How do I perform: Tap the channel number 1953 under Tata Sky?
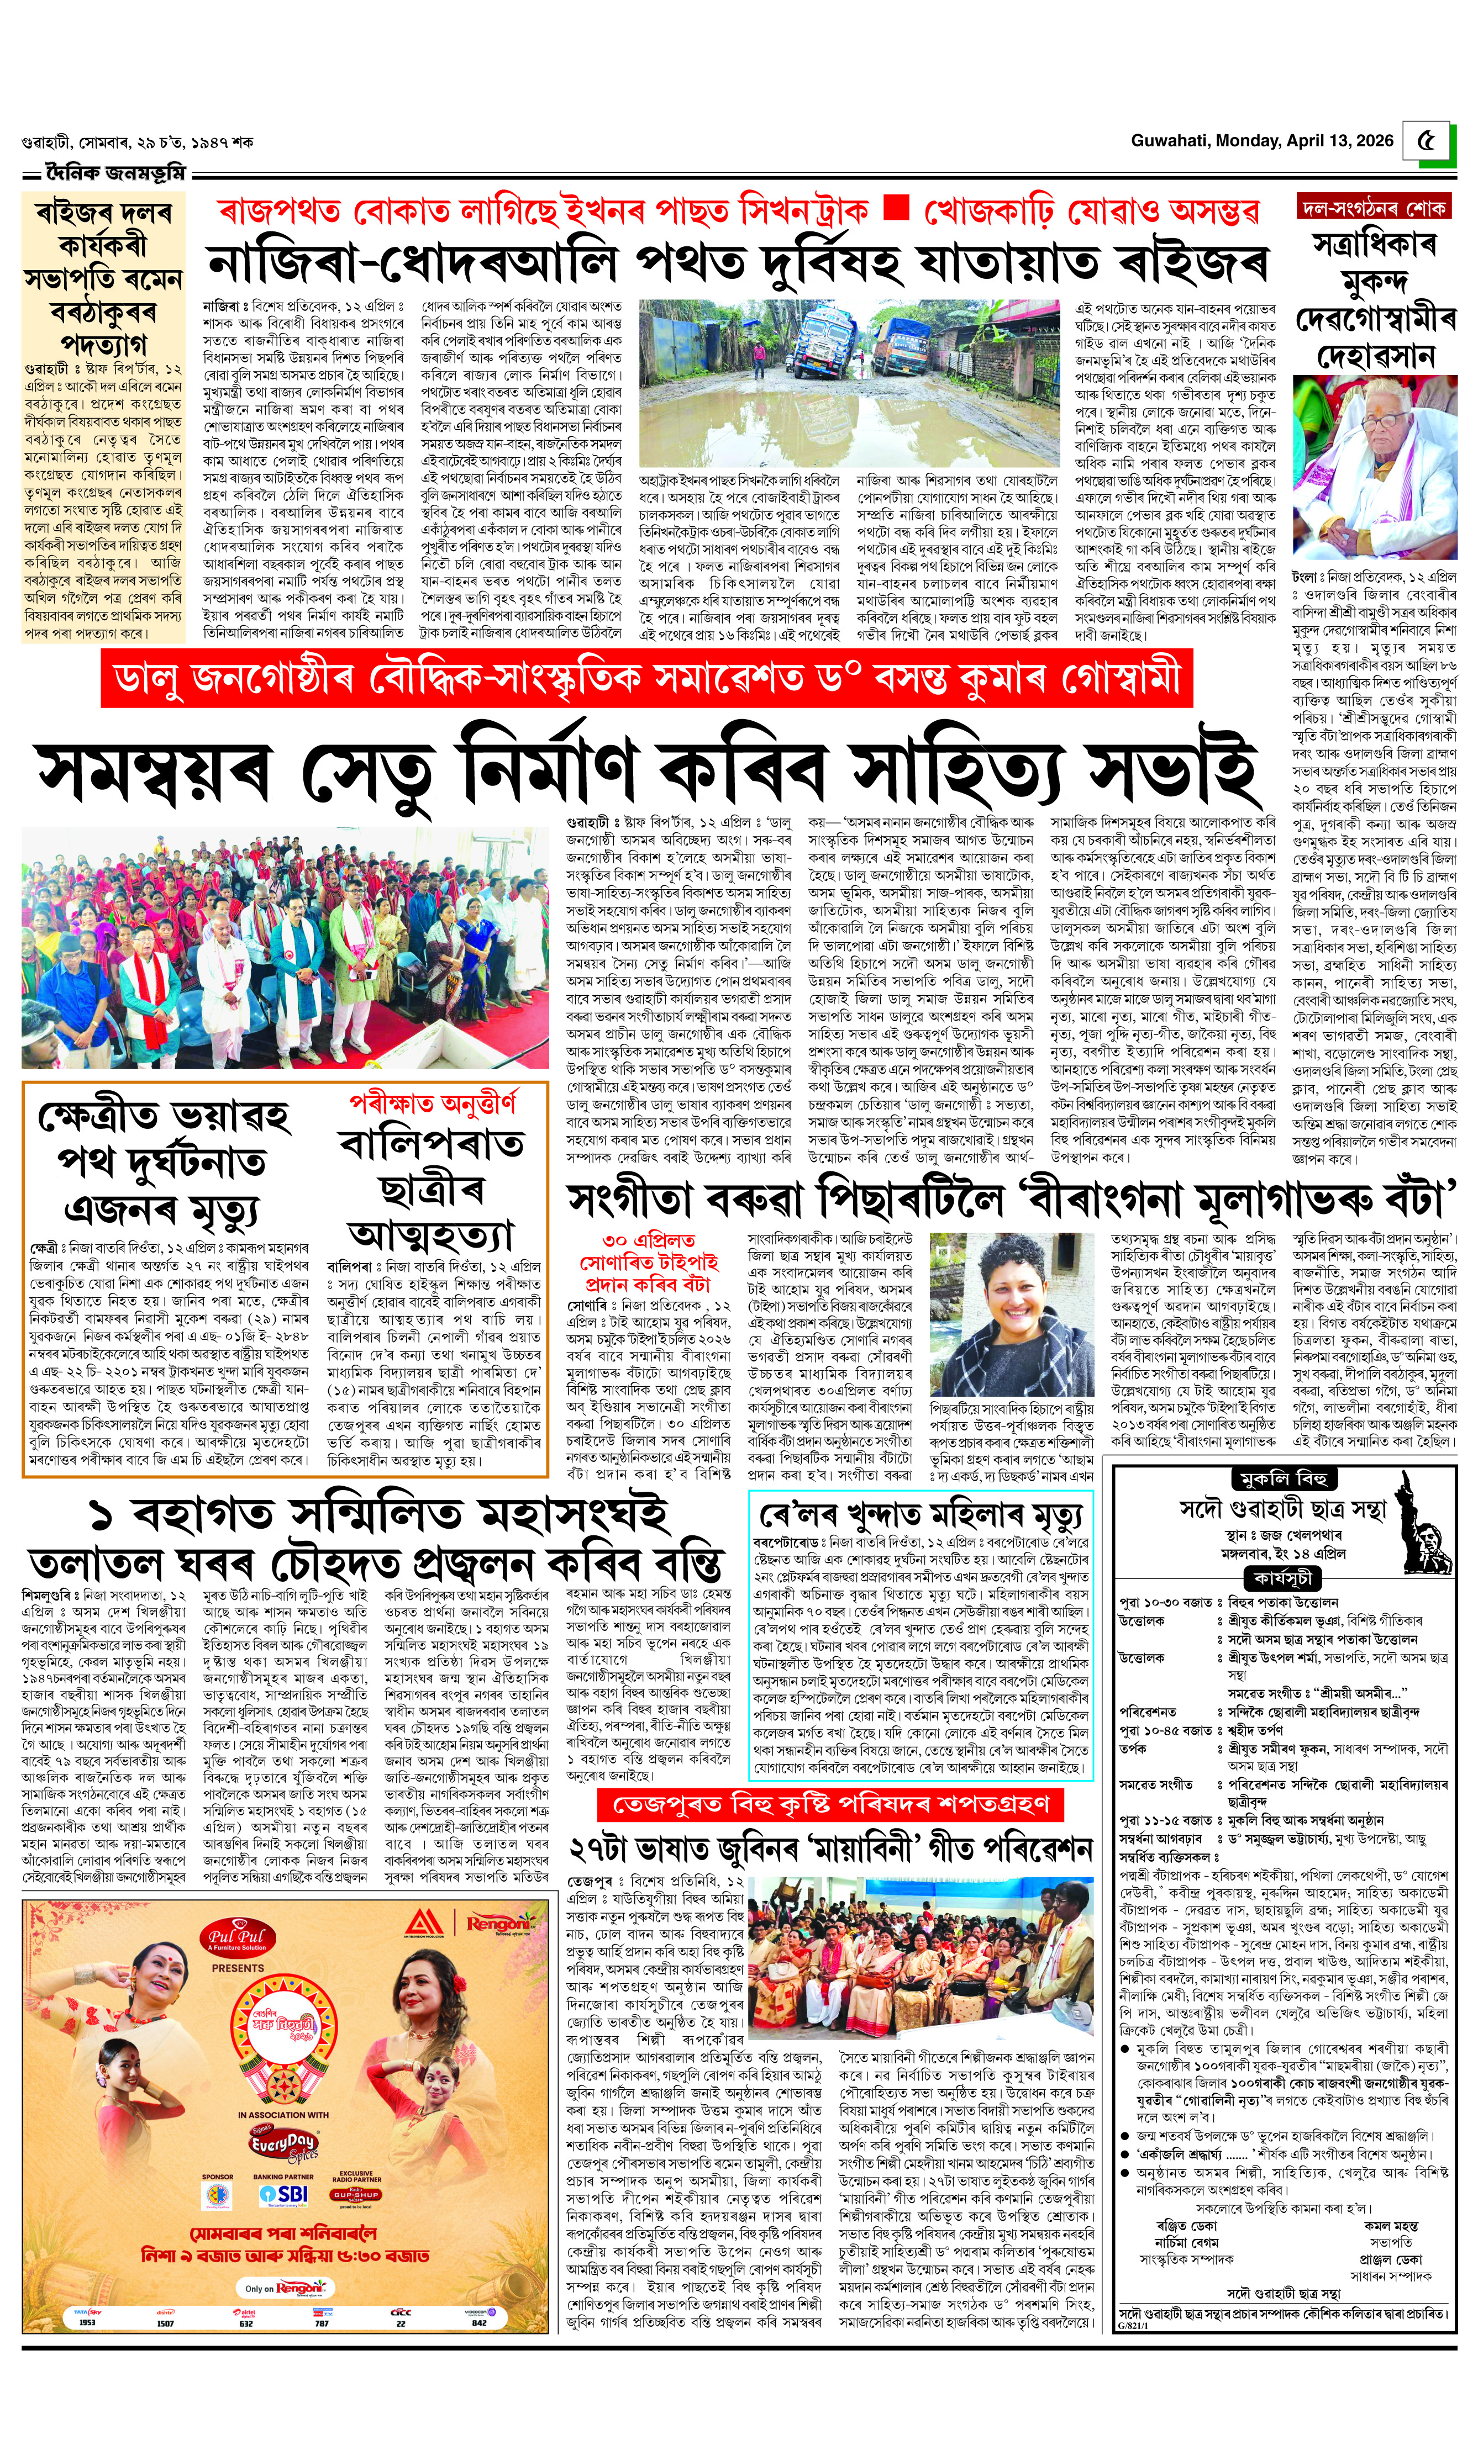[x=87, y=2322]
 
